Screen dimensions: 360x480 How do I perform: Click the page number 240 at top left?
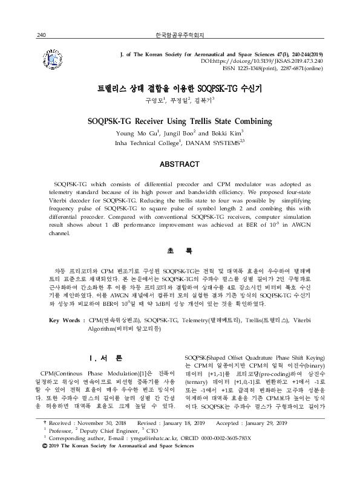point(42,36)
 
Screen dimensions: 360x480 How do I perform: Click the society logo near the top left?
point(55,61)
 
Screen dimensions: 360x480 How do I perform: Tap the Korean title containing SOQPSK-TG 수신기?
point(180,87)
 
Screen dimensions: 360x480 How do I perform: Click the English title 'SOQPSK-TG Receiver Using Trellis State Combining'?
point(180,120)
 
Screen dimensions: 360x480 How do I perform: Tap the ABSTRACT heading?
point(180,164)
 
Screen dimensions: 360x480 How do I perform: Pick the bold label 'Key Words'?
point(64,319)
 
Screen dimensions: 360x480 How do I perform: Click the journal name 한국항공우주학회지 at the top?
point(180,36)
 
